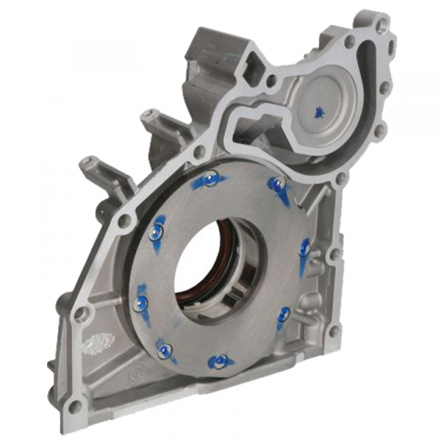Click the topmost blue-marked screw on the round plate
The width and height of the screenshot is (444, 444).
pos(211,179)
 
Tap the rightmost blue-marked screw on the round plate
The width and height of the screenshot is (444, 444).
pos(305,248)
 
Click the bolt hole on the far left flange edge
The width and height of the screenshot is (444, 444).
pos(81,314)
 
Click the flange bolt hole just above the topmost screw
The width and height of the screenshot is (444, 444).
pos(199,152)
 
